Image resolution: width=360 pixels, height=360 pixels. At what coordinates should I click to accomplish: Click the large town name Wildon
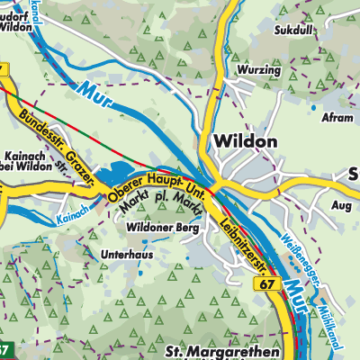(246, 142)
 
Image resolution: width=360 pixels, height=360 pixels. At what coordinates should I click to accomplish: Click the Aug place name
(340, 206)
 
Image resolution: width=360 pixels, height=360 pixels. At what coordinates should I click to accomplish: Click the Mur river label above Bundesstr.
(94, 93)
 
